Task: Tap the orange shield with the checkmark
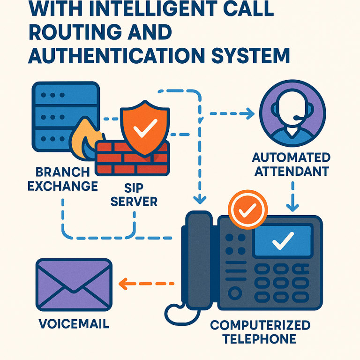coord(144,129)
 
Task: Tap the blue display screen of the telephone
coord(282,241)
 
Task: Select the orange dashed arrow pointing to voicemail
coord(145,283)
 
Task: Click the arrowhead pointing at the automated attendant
coord(248,113)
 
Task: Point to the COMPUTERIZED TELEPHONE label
coord(260,331)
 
